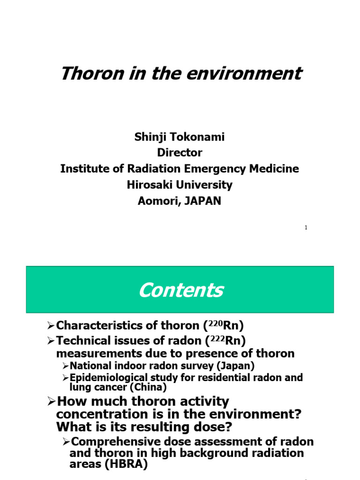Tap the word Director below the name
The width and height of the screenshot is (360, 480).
pos(180,152)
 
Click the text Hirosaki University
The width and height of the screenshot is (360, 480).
pos(180,185)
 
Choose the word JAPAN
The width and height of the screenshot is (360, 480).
pos(202,201)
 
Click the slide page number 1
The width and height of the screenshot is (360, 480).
pos(306,228)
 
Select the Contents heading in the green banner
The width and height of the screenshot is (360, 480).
pos(180,290)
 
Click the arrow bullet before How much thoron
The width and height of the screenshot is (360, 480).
pos(51,402)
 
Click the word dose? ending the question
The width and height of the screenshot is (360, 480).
pos(207,427)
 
